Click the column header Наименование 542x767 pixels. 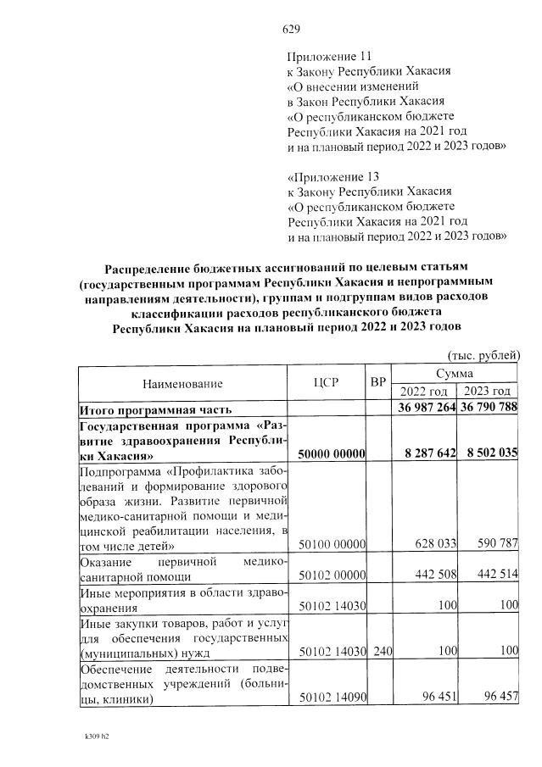point(182,382)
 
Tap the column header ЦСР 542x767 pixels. point(326,382)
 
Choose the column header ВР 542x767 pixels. point(378,382)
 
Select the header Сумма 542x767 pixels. point(455,373)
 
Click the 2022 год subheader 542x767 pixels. point(423,392)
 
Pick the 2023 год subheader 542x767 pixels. point(486,392)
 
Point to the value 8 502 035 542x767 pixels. point(488,454)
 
